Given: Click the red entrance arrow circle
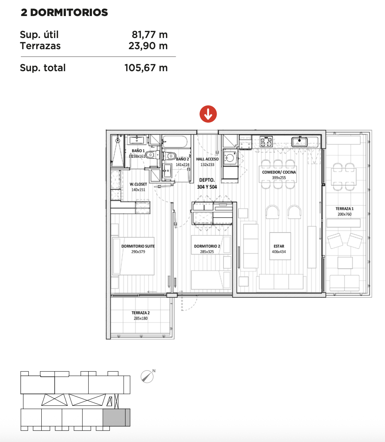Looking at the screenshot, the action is (x=208, y=114).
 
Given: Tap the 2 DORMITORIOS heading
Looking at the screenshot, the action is (x=64, y=12).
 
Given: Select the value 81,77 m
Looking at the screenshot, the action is (x=150, y=35).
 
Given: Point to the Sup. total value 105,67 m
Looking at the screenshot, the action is (x=146, y=68).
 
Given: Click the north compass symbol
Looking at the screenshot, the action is (x=147, y=376).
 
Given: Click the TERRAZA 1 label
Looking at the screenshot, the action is (x=344, y=209).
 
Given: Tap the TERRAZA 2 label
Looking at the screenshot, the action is (x=140, y=313).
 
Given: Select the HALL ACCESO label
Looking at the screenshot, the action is (x=207, y=159).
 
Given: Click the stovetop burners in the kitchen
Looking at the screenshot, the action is (x=266, y=141).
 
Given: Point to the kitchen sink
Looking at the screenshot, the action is (x=299, y=142).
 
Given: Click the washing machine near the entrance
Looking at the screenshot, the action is (x=230, y=158).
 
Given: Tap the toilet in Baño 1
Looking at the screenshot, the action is (x=150, y=155).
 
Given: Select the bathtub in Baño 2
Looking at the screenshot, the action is (x=175, y=142).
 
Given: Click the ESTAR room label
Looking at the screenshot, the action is (x=279, y=246).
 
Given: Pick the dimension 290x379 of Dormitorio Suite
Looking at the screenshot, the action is (x=138, y=252).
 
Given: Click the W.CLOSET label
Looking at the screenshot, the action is (x=138, y=184).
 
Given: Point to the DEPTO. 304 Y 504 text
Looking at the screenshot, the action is (x=207, y=183).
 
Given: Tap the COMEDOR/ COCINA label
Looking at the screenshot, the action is (x=279, y=172).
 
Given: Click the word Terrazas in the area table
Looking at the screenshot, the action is (x=40, y=46).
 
